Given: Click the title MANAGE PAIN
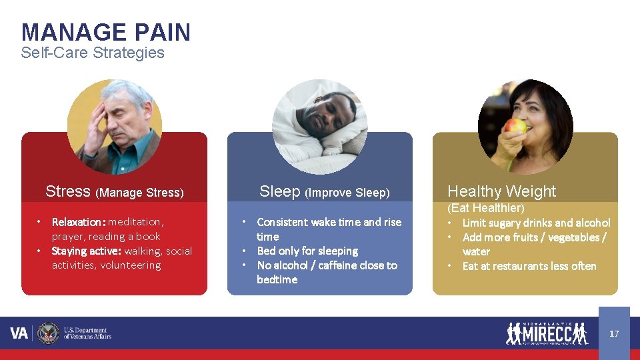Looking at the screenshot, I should tap(105, 32).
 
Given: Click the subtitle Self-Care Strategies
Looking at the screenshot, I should tap(92, 53).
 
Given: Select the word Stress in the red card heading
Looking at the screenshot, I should tap(68, 191).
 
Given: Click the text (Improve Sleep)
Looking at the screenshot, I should tap(347, 193).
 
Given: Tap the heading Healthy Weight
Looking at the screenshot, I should tap(501, 191).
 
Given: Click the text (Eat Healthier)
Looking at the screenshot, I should tap(485, 209).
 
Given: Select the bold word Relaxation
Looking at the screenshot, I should tap(77, 221).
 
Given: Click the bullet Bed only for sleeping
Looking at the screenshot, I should tap(307, 251).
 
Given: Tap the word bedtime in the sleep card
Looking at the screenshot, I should tap(277, 279).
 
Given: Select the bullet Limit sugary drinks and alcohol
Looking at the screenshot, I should tap(536, 223).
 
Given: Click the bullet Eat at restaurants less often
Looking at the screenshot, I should tap(529, 266).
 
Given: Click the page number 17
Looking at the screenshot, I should tap(614, 333).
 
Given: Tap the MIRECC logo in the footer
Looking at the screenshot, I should tap(547, 333).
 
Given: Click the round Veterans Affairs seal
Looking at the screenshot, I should tap(48, 333).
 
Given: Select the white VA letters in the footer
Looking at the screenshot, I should tap(19, 333).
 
